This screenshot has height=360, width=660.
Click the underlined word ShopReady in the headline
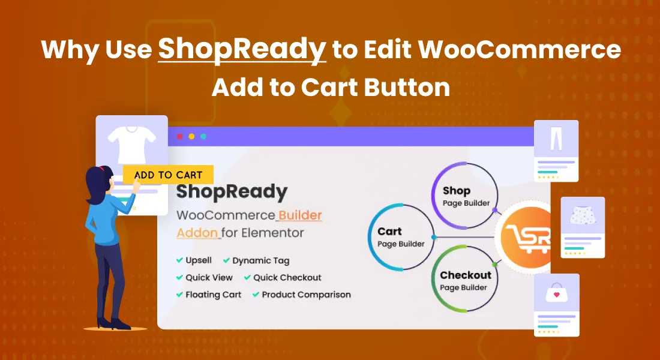(242, 50)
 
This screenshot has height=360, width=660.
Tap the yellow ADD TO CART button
(169, 175)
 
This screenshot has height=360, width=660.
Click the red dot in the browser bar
(180, 136)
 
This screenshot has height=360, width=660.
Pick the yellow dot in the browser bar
(191, 136)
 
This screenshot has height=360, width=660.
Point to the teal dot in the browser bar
(203, 136)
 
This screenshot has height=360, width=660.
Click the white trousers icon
(556, 139)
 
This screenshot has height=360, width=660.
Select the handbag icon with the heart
(556, 293)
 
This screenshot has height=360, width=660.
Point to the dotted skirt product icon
(583, 215)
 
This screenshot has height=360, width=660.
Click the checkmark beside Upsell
(179, 260)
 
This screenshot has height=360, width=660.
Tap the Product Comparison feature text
(306, 295)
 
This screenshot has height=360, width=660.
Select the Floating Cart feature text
(214, 295)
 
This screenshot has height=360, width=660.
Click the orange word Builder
(300, 215)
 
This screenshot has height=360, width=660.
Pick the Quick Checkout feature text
(287, 277)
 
